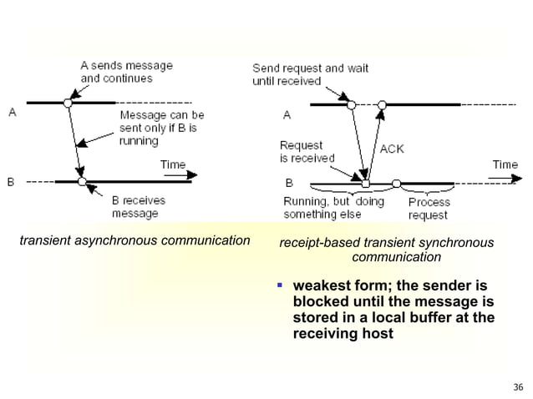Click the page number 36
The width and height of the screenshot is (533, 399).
(518, 386)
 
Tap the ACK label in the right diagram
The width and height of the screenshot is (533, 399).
(393, 148)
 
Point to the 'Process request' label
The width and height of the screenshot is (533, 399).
(429, 208)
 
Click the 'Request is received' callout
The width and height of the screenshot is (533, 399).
(307, 151)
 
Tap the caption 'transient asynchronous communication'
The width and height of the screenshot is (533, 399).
(135, 242)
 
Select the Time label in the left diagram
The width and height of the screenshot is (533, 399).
(172, 164)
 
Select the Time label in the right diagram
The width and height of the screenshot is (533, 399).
(505, 164)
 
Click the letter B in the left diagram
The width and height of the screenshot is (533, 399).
(12, 181)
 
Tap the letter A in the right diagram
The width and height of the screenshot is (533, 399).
(287, 114)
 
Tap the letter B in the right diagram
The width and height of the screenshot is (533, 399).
(288, 181)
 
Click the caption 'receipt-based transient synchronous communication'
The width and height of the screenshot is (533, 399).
(386, 250)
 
